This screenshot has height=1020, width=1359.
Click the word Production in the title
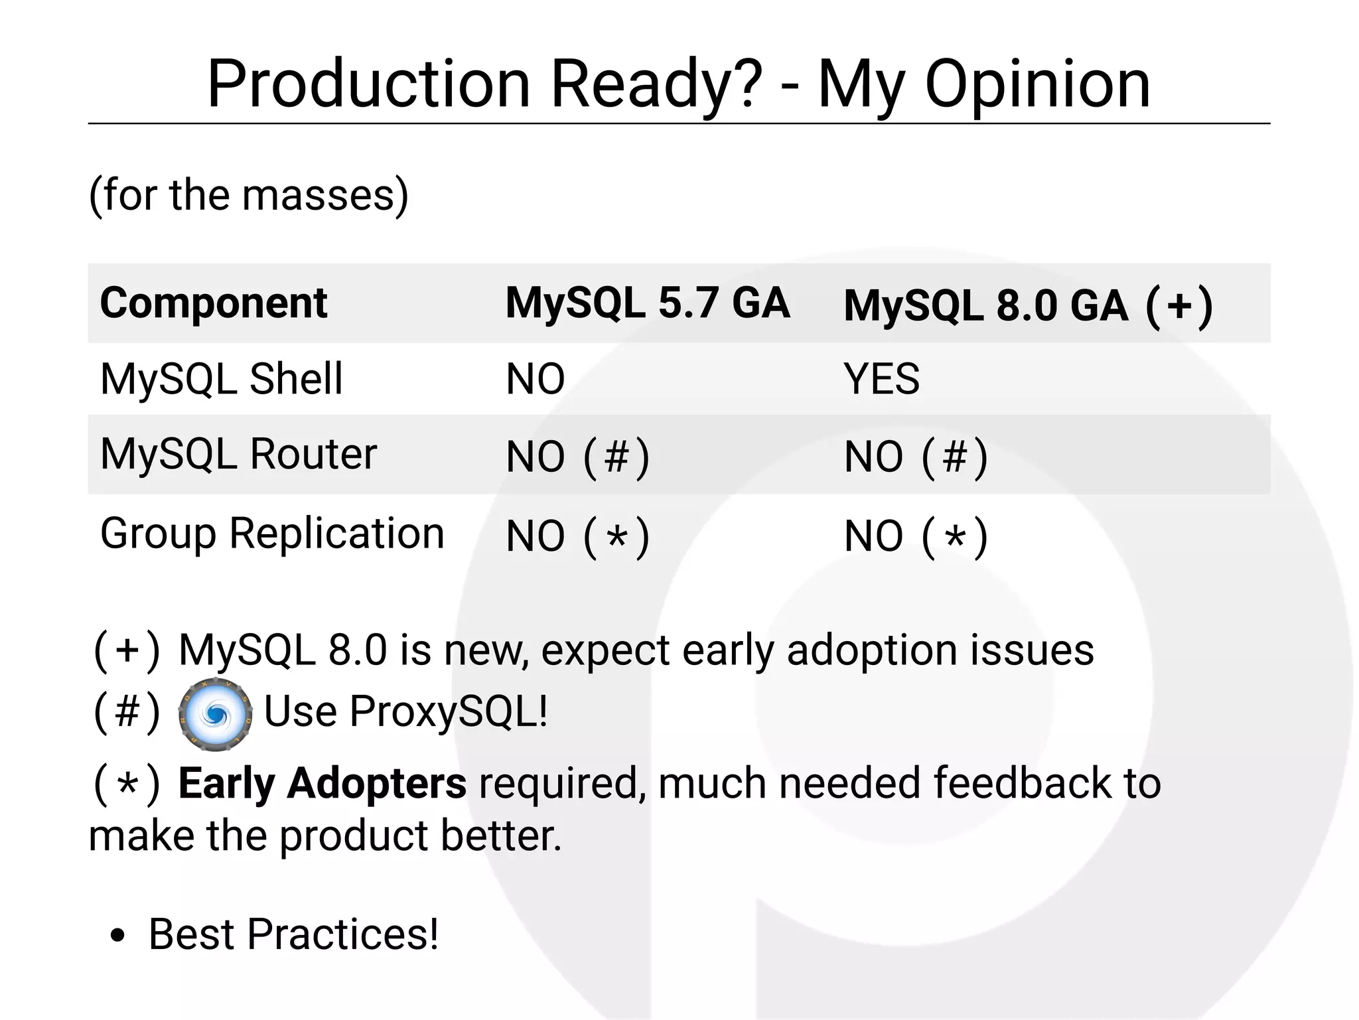368,84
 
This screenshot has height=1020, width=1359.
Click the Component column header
213,303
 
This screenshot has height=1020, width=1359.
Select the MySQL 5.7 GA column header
647,303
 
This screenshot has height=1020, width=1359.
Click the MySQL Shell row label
221,379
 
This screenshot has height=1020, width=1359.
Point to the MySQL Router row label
238,455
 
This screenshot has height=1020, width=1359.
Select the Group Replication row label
272,534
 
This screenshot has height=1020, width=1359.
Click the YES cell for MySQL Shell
881,379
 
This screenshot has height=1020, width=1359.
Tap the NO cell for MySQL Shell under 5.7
535,379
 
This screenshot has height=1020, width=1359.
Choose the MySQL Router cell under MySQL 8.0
916,457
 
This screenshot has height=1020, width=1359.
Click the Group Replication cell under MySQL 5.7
577,536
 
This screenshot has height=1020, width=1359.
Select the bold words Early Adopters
322,784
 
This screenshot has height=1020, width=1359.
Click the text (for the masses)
248,194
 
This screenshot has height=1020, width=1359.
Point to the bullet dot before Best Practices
117,936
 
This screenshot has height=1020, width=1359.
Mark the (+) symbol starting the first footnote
127,651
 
